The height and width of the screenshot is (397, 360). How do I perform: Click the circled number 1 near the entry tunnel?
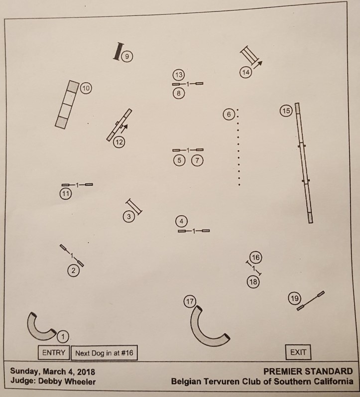[63, 337]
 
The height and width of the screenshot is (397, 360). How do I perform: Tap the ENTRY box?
[54, 353]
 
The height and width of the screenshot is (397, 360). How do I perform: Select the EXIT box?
[298, 352]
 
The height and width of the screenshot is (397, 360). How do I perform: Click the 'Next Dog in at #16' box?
[105, 353]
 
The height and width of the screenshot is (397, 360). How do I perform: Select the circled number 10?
[86, 89]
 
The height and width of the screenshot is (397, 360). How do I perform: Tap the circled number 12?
[119, 141]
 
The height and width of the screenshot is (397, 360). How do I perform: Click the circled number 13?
[179, 75]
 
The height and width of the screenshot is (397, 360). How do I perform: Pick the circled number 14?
[245, 72]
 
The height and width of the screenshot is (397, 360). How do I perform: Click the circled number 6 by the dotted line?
[228, 114]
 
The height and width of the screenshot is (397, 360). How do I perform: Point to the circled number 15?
[285, 111]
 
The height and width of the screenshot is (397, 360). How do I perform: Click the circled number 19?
[294, 298]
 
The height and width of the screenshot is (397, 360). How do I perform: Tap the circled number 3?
[128, 216]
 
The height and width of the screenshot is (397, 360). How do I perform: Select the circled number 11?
[65, 194]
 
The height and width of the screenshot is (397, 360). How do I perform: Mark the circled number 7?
[198, 160]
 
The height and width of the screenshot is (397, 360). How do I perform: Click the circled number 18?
[253, 281]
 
